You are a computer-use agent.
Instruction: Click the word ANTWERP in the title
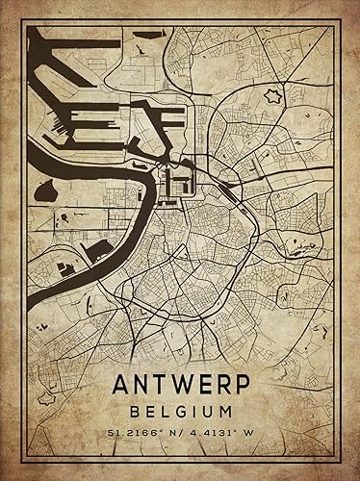point(179,384)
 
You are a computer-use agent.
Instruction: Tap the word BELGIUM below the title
point(180,410)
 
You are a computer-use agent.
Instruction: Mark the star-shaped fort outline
point(272,96)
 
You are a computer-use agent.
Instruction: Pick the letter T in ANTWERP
point(163,384)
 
